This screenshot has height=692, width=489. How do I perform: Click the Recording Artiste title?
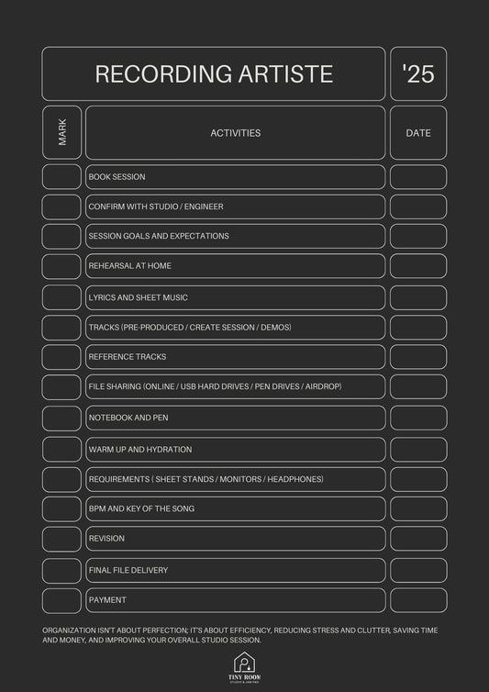pyautogui.click(x=214, y=74)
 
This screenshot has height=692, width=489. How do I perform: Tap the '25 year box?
pyautogui.click(x=418, y=74)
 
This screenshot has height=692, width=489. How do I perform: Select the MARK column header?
pyautogui.click(x=61, y=133)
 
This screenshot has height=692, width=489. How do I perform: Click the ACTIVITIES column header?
pyautogui.click(x=236, y=133)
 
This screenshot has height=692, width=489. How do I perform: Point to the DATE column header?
pyautogui.click(x=418, y=133)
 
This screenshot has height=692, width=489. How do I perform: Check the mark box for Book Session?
pyautogui.click(x=61, y=177)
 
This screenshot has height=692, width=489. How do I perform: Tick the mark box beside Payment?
pyautogui.click(x=61, y=600)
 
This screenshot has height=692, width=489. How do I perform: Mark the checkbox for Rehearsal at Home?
pyautogui.click(x=61, y=266)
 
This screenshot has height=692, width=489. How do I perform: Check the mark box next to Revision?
pyautogui.click(x=61, y=539)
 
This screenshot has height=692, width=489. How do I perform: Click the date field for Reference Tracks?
pyautogui.click(x=418, y=357)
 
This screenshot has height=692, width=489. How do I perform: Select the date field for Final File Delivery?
pyautogui.click(x=418, y=570)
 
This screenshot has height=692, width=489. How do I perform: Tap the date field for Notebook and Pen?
pyautogui.click(x=418, y=418)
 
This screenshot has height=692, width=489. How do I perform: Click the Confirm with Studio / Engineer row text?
pyautogui.click(x=155, y=206)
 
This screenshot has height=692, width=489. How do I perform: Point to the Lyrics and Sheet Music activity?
pyautogui.click(x=138, y=297)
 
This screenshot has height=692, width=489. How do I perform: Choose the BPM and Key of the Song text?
pyautogui.click(x=141, y=508)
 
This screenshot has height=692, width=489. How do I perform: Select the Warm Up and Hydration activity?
pyautogui.click(x=140, y=450)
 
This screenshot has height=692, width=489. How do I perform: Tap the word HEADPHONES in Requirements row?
pyautogui.click(x=295, y=479)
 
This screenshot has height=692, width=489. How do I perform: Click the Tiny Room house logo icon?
pyautogui.click(x=243, y=662)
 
